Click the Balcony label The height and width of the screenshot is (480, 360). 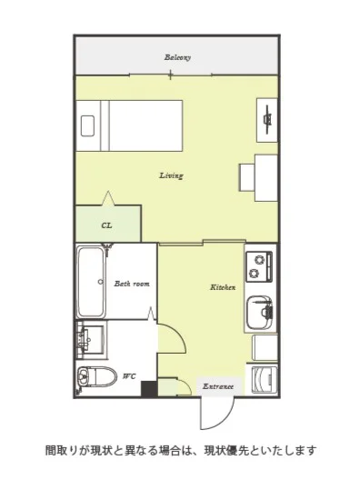pyautogui.click(x=177, y=57)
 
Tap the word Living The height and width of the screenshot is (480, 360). pyautogui.click(x=171, y=175)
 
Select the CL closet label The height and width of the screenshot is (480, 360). pyautogui.click(x=106, y=225)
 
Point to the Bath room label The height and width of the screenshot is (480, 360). pyautogui.click(x=132, y=284)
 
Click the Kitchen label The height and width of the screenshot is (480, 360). pyautogui.click(x=223, y=287)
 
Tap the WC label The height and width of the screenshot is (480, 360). pyautogui.click(x=129, y=376)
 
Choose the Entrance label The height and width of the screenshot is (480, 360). pyautogui.click(x=218, y=386)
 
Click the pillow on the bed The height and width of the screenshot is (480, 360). pyautogui.click(x=87, y=125)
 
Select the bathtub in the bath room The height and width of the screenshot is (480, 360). pyautogui.click(x=91, y=282)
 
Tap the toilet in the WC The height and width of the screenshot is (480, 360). pyautogui.click(x=96, y=377)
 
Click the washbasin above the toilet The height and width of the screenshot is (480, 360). pyautogui.click(x=90, y=338)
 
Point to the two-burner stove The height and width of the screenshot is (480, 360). pyautogui.click(x=259, y=266)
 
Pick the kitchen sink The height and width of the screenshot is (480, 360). pyautogui.click(x=259, y=312)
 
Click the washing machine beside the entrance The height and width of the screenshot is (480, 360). pyautogui.click(x=265, y=380)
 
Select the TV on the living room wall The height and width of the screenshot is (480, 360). pyautogui.click(x=268, y=120)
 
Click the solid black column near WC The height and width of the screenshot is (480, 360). pyautogui.click(x=149, y=389)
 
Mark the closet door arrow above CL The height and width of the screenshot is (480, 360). pyautogui.click(x=108, y=198)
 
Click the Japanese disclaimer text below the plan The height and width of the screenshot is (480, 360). pyautogui.click(x=181, y=451)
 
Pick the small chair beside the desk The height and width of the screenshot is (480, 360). pyautogui.click(x=247, y=177)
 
